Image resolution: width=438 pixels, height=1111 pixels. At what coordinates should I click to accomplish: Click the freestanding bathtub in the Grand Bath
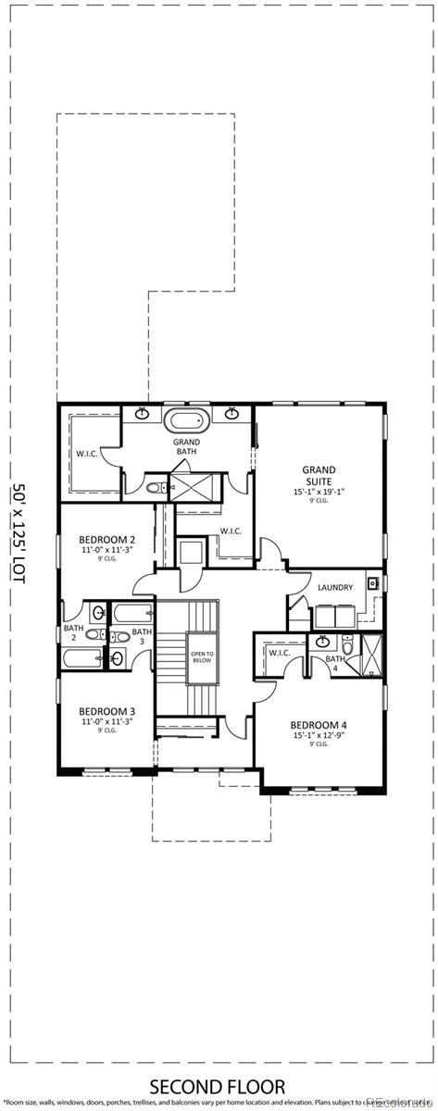point(187,422)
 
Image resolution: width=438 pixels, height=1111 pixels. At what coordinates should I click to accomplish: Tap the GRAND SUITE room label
point(319,476)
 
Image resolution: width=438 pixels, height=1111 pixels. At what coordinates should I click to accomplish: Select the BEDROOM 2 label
point(107,540)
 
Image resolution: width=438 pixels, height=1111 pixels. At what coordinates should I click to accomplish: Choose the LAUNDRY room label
point(335,588)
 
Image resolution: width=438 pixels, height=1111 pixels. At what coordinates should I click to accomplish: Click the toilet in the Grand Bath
point(154,487)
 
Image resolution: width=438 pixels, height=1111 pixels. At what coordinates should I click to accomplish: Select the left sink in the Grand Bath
point(143,411)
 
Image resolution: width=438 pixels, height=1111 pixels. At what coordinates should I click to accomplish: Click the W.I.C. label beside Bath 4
point(281,652)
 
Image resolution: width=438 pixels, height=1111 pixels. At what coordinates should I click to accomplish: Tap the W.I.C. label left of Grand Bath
point(87,455)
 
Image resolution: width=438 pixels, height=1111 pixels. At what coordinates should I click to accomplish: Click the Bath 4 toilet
point(347,644)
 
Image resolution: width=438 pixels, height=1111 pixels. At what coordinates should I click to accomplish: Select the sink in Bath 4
point(323,642)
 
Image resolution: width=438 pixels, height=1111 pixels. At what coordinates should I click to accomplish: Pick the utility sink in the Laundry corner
point(372,583)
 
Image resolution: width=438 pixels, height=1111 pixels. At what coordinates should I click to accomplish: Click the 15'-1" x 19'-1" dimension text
point(319,492)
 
